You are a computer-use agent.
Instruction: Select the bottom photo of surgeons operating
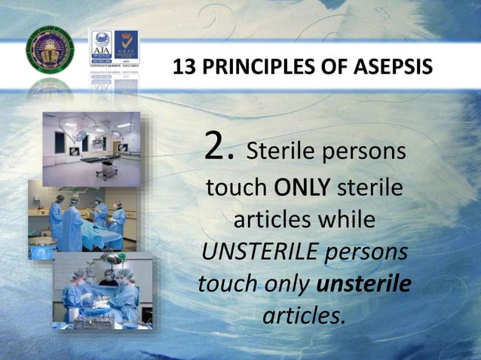(101, 290)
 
